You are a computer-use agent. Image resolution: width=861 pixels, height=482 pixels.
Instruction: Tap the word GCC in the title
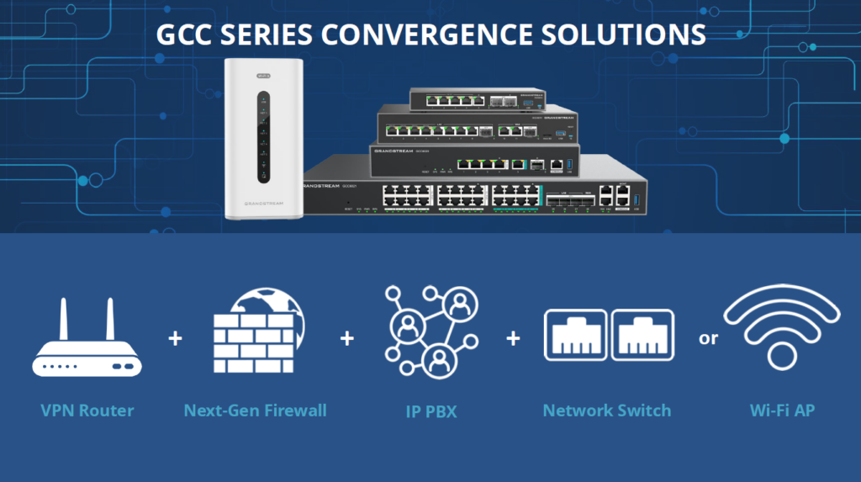pyautogui.click(x=187, y=34)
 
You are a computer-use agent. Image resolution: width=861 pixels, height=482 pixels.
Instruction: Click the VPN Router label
pyautogui.click(x=87, y=411)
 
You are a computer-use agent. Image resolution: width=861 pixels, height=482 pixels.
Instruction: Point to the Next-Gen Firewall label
pyautogui.click(x=255, y=411)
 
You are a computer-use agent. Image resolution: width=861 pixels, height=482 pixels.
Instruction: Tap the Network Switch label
pyautogui.click(x=607, y=411)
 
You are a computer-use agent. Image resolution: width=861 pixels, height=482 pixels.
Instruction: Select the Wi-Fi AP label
pyautogui.click(x=782, y=411)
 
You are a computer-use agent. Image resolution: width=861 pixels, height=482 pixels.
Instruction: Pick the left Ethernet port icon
pyautogui.click(x=575, y=333)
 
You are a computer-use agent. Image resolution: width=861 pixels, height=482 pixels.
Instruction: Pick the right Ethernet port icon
pyautogui.click(x=641, y=333)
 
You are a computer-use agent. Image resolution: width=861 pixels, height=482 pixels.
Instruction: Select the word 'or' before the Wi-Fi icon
pyautogui.click(x=709, y=339)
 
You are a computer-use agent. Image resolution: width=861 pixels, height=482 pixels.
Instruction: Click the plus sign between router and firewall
pyautogui.click(x=175, y=339)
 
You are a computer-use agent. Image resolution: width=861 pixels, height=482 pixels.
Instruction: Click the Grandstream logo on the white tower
pyautogui.click(x=263, y=204)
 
